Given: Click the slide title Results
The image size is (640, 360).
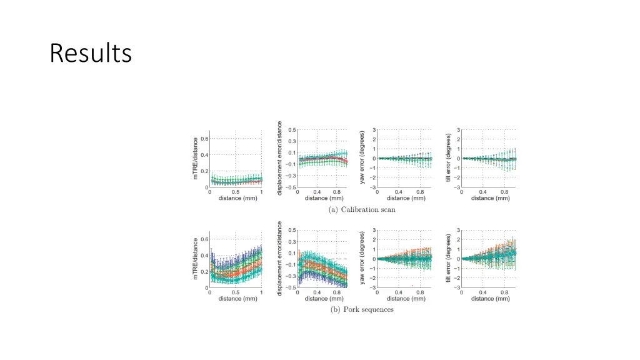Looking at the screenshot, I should pos(91,53).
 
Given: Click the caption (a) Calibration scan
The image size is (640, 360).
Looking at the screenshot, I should pos(362,209).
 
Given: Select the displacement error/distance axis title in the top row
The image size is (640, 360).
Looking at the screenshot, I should pos(280,158).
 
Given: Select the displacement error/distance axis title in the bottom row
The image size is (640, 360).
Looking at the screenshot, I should pos(280,258).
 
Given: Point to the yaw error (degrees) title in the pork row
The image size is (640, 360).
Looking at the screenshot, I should pos(362,259).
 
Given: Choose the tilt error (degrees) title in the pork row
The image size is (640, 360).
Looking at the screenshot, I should pos(448,259).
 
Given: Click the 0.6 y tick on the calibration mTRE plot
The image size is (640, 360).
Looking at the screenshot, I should pos(204,139).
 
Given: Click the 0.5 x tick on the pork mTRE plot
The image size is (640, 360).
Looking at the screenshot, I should pos(236,292).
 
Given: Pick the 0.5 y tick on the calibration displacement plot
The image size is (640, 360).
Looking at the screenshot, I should pos(292,130).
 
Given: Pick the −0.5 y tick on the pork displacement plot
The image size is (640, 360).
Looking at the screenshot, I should pos(291,287).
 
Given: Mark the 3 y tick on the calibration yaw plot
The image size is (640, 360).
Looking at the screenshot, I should pos(374,130).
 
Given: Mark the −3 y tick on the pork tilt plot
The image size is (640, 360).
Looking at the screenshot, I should pos(457,287).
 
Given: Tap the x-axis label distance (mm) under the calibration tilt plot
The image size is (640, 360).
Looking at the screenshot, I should pos(490,198).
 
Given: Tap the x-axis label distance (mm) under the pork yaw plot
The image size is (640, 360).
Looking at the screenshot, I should pos(406,298).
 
